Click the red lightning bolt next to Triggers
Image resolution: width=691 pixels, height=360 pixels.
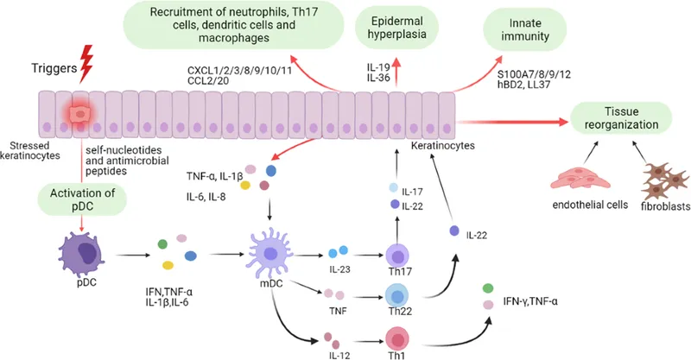coord(86,58)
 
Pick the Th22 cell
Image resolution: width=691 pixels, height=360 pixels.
coord(402,296)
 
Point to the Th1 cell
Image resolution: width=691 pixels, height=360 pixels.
coord(399,338)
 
